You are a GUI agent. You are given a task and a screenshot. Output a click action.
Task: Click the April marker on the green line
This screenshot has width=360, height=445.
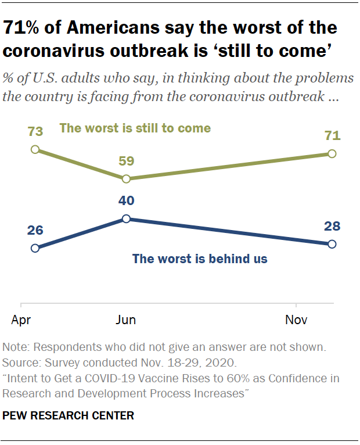click(35, 149)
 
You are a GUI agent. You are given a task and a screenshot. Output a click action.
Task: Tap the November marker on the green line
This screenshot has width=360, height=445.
click(332, 153)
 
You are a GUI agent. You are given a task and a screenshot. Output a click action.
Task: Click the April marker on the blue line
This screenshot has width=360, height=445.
click(35, 248)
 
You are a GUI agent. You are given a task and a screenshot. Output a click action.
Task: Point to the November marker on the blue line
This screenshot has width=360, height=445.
click(332, 244)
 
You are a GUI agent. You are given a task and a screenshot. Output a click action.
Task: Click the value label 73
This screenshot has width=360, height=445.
click(35, 132)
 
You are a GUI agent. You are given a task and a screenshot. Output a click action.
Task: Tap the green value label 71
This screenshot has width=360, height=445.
click(332, 137)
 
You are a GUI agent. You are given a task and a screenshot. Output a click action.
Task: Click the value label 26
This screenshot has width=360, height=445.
click(35, 230)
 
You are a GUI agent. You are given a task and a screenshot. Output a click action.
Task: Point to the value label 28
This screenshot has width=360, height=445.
click(332, 227)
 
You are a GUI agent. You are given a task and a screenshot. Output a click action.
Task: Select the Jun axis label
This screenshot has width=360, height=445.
click(126, 320)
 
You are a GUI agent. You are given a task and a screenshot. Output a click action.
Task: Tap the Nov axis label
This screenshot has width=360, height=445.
click(296, 320)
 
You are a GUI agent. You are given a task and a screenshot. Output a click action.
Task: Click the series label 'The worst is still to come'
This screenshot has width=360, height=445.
click(135, 128)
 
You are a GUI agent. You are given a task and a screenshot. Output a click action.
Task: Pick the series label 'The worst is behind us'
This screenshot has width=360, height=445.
click(200, 259)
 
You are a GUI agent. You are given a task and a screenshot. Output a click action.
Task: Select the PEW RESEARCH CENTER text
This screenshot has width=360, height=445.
click(69, 415)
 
